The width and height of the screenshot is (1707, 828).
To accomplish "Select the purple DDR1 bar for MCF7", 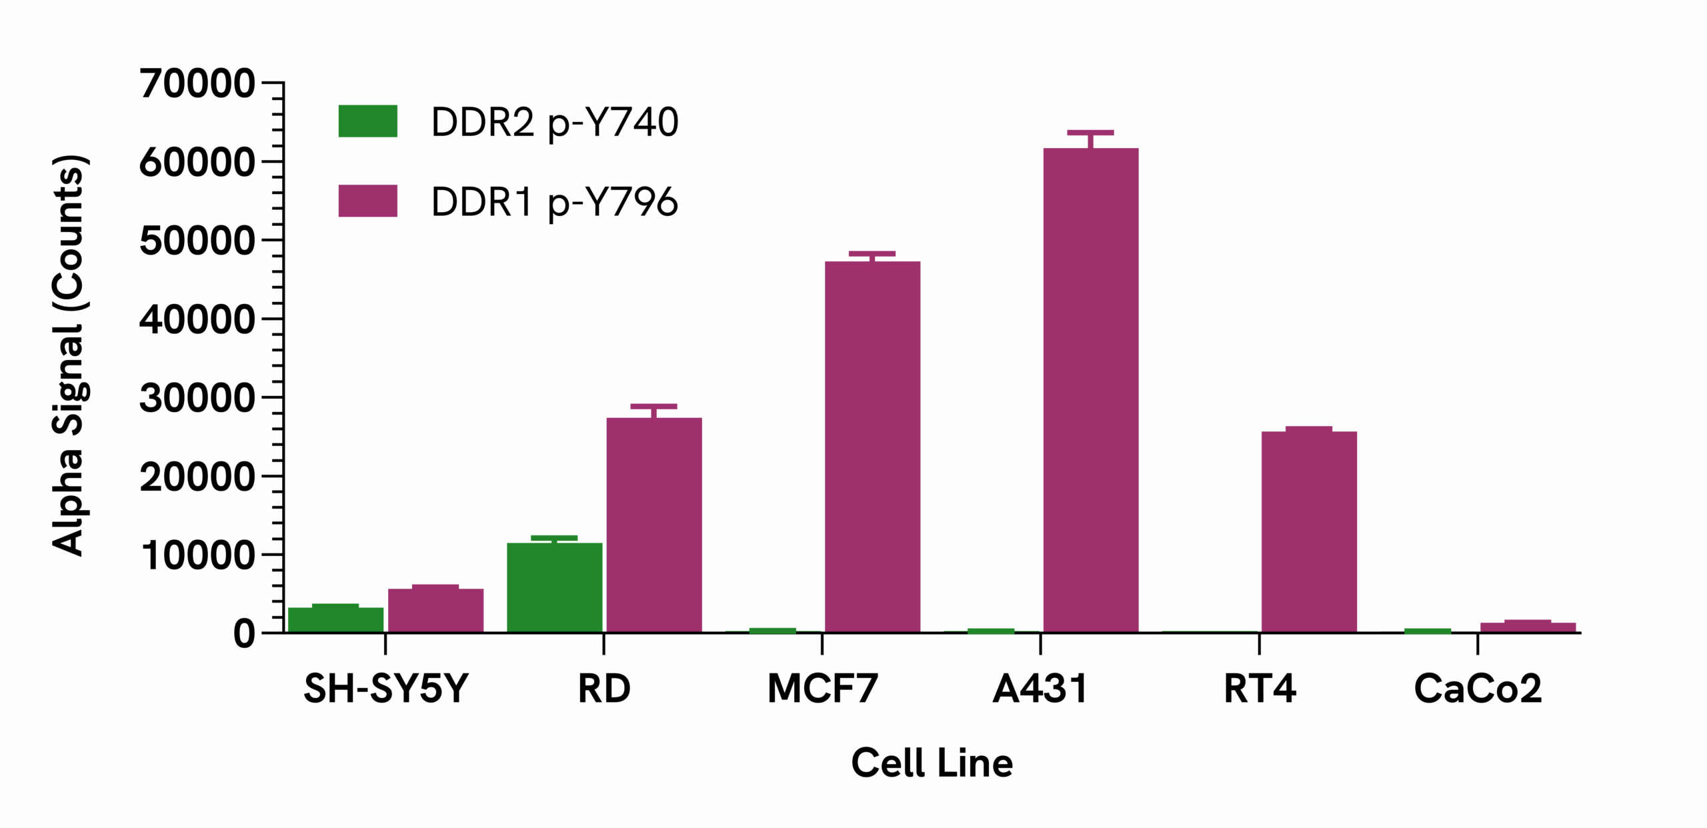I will click(872, 447).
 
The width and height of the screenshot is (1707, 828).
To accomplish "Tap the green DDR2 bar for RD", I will click(554, 587).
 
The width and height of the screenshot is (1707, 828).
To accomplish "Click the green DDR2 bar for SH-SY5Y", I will click(335, 619).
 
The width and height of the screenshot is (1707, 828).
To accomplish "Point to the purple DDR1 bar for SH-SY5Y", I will click(435, 610).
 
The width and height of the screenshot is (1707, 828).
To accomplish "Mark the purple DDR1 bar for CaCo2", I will click(1528, 627).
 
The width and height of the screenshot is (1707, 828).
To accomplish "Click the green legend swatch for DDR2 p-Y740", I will click(367, 121).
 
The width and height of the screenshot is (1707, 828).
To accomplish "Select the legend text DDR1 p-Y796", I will click(554, 201).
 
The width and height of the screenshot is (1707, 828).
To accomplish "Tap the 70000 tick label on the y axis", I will click(197, 84).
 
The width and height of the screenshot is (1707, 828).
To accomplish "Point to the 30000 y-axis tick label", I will click(197, 399).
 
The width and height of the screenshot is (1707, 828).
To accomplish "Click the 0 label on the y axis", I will click(244, 634).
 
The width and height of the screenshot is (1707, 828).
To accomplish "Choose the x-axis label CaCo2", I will click(1478, 689).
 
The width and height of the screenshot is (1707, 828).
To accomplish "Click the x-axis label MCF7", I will click(822, 689).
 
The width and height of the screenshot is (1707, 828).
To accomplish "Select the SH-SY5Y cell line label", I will click(385, 689).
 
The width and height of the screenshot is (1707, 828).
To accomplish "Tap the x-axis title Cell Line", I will click(932, 763).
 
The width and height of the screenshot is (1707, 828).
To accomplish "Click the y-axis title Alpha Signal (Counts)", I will click(69, 355).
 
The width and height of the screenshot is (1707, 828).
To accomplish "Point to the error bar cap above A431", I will click(1090, 133).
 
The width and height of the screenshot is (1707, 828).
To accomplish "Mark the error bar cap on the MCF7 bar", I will click(872, 253).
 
